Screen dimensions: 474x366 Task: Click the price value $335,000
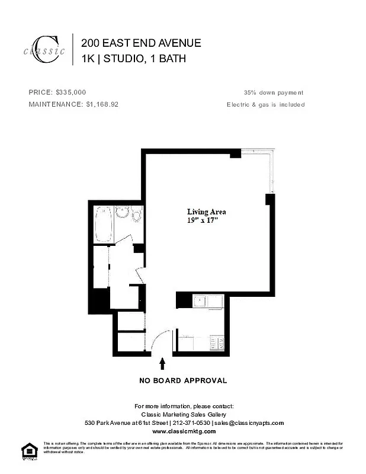coord(71,92)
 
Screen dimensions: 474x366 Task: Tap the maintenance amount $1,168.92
coord(102,104)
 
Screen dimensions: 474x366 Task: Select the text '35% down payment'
coord(274,92)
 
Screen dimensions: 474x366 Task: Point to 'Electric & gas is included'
coord(265,104)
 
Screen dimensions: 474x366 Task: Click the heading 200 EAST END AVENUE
coord(141,43)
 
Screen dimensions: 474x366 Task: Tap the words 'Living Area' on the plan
coord(206,212)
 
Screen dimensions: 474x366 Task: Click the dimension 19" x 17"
coord(203,220)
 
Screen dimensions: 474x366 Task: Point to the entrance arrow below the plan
coord(162,363)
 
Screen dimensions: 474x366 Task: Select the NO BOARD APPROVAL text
coord(183,380)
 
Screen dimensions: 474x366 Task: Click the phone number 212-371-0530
coord(192,423)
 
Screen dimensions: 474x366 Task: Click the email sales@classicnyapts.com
coord(249,423)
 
